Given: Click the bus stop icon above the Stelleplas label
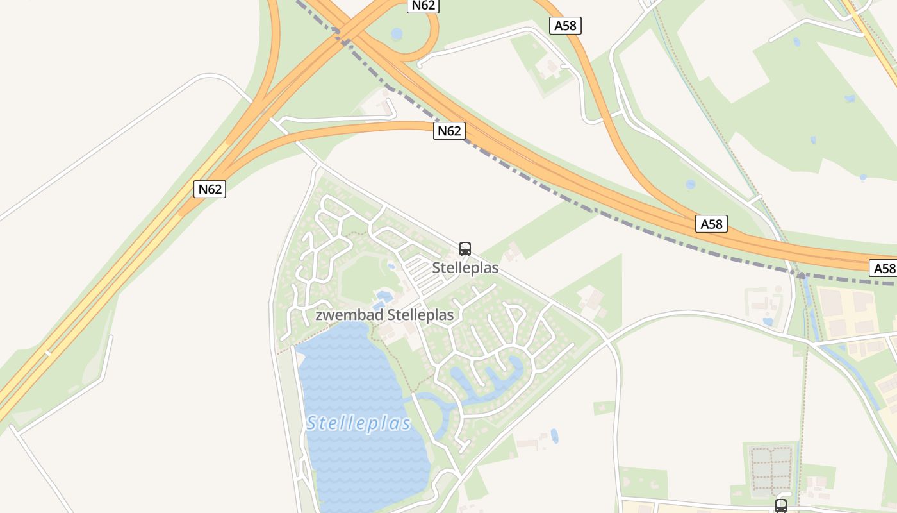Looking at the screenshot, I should pyautogui.click(x=465, y=249).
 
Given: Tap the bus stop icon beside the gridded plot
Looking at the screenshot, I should pyautogui.click(x=780, y=505).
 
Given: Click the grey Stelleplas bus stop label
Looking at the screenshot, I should pyautogui.click(x=465, y=267).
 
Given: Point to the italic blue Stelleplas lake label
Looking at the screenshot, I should pyautogui.click(x=358, y=423).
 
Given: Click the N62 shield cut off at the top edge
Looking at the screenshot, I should pyautogui.click(x=424, y=5).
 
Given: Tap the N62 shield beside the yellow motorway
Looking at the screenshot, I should pyautogui.click(x=210, y=189).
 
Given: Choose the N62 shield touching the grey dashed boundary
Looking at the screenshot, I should pyautogui.click(x=449, y=131).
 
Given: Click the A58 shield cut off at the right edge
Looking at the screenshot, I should pyautogui.click(x=884, y=268).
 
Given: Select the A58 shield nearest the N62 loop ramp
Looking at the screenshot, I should pyautogui.click(x=565, y=26).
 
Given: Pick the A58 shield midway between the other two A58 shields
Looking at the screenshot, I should pyautogui.click(x=711, y=224).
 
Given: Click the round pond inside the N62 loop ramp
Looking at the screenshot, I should pyautogui.click(x=397, y=33).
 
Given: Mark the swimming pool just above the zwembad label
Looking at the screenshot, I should pyautogui.click(x=384, y=296).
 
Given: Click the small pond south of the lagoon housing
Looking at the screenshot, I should pyautogui.click(x=554, y=436).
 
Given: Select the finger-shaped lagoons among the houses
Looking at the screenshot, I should pyautogui.click(x=487, y=378).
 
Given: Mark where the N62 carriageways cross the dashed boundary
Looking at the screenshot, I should pyautogui.click(x=344, y=38).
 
